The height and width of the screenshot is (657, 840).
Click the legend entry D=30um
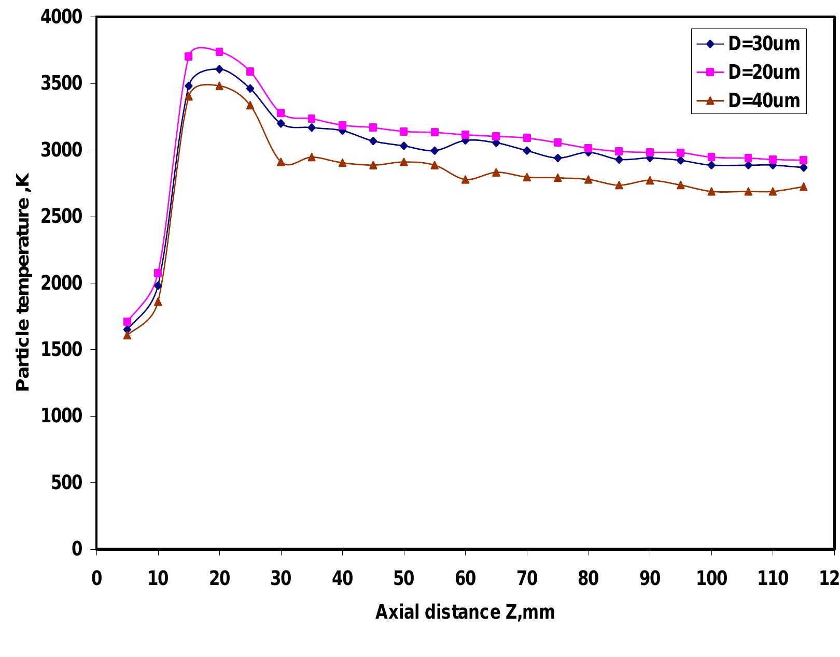(x=748, y=44)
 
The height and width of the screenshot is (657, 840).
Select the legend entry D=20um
(x=748, y=72)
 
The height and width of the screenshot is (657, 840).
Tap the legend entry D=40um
(x=748, y=101)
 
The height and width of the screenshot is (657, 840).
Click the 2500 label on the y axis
(x=62, y=217)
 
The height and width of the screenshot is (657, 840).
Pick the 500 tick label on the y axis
(x=66, y=483)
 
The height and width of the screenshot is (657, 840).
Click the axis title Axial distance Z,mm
(x=465, y=612)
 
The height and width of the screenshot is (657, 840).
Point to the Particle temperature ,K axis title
(x=23, y=282)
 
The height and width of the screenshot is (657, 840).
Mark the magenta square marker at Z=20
(x=219, y=52)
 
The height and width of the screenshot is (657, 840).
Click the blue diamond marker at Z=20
(x=219, y=69)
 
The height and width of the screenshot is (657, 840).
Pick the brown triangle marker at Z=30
(x=281, y=162)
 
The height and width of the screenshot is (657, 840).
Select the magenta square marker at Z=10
(x=158, y=273)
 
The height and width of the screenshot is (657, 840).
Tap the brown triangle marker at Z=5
(x=127, y=335)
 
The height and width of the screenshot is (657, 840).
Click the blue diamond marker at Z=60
(x=465, y=140)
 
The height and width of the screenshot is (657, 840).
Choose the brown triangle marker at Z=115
(x=803, y=187)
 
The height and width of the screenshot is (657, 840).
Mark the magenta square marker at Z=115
(x=803, y=160)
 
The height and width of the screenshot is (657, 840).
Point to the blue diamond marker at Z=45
(x=373, y=141)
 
